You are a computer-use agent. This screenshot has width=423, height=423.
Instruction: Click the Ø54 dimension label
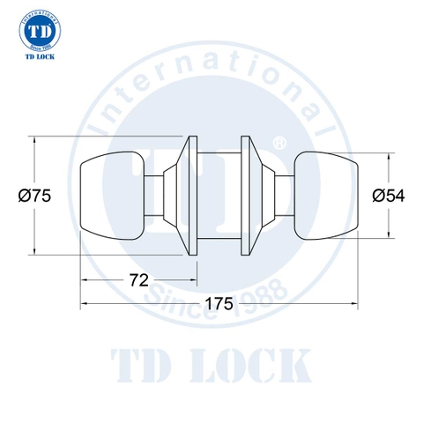pos(388,197)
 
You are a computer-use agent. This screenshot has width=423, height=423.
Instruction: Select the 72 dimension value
pos(137,281)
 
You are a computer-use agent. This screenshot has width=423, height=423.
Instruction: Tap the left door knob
pos(113,195)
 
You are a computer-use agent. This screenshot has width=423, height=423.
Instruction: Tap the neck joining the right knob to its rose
pos(283,195)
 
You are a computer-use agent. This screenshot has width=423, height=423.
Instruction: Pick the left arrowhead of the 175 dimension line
pos(85,304)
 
